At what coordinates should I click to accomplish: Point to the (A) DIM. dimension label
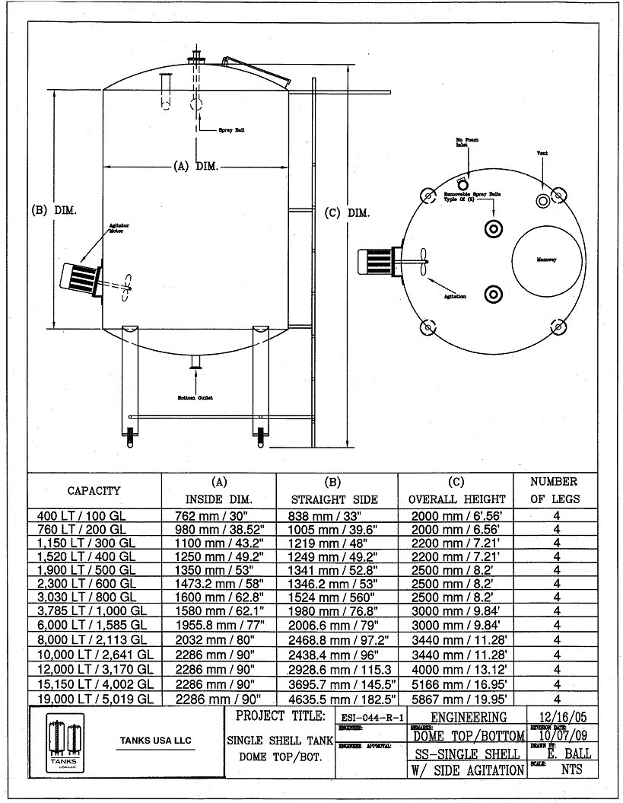click(x=195, y=167)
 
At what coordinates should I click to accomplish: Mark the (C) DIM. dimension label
click(x=347, y=213)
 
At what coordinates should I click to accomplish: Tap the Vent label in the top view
click(x=542, y=154)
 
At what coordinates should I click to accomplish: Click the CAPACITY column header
click(x=94, y=491)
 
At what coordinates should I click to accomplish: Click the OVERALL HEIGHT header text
click(x=457, y=499)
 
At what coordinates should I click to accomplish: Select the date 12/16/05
click(x=561, y=716)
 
